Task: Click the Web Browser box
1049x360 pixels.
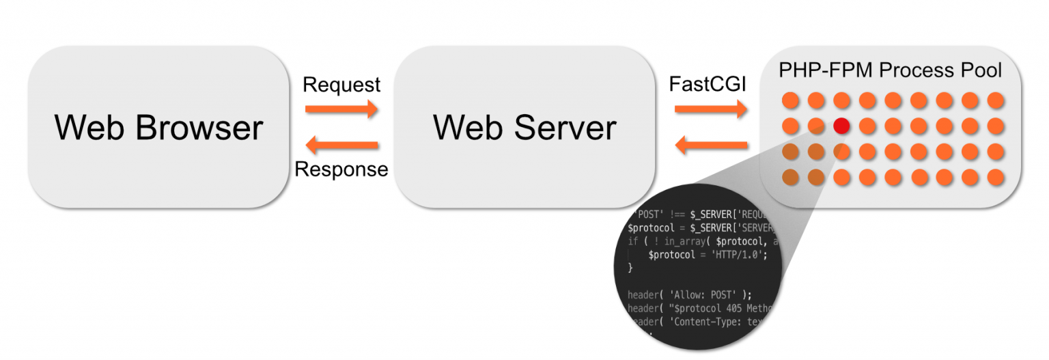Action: tap(158, 127)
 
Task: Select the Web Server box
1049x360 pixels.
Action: tap(524, 127)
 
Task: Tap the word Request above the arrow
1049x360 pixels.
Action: tap(341, 85)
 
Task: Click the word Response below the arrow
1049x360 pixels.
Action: tap(341, 169)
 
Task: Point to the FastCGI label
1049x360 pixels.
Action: tap(708, 85)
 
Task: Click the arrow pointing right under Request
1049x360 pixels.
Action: tap(341, 109)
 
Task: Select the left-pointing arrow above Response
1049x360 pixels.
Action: tap(341, 145)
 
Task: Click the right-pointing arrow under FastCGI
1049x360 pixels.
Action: tap(710, 109)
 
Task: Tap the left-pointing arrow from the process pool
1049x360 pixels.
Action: tap(710, 145)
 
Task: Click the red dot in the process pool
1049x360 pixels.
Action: tap(841, 126)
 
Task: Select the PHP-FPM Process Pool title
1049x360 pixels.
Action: tap(891, 70)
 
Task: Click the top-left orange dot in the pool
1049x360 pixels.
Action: tap(790, 100)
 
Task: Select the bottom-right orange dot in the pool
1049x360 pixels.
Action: tap(996, 178)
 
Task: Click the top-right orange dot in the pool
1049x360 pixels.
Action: tap(996, 100)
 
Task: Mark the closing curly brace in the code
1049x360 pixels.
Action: tap(630, 268)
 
